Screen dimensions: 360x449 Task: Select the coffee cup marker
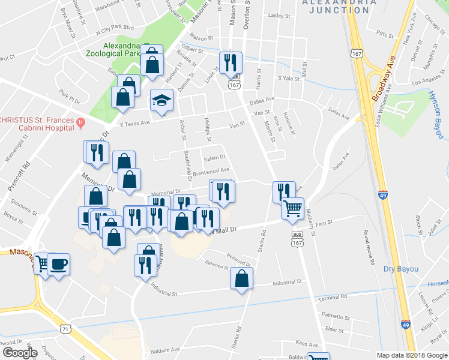58,265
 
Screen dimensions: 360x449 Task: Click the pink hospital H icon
81,123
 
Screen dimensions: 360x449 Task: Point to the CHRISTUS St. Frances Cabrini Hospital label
36,119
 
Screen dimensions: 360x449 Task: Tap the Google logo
20,353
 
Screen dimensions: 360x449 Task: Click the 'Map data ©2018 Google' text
411,355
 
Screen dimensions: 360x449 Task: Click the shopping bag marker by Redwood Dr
241,279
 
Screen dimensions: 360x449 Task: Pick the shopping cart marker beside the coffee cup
42,265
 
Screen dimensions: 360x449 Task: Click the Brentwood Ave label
211,170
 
